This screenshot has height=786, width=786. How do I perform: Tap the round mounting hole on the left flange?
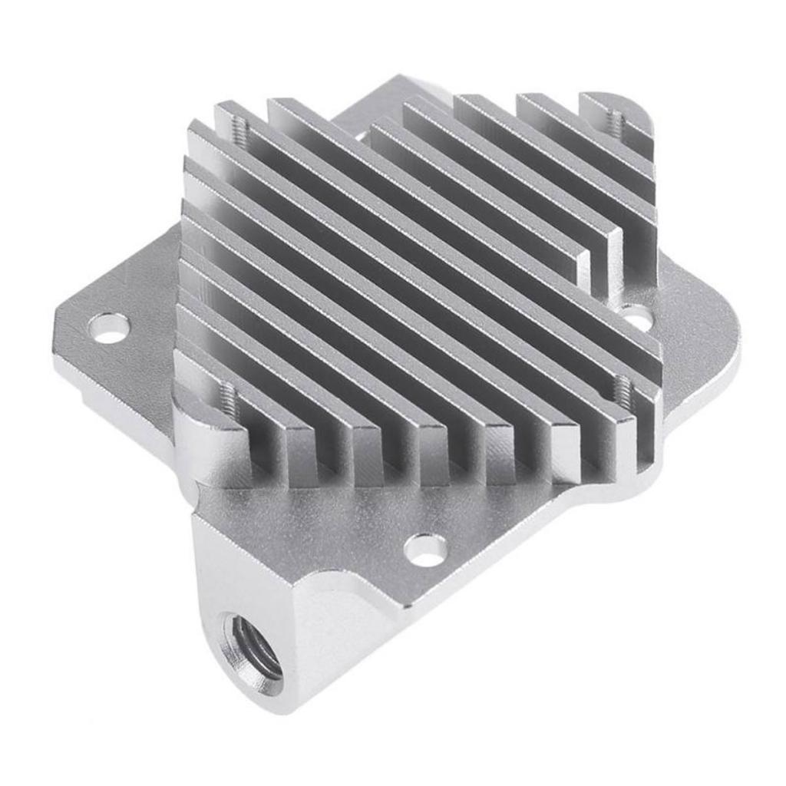[108, 328]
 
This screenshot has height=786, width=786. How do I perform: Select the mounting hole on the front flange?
[425, 550]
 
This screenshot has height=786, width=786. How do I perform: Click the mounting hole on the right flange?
[635, 315]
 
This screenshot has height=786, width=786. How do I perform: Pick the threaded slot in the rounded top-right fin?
[615, 120]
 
